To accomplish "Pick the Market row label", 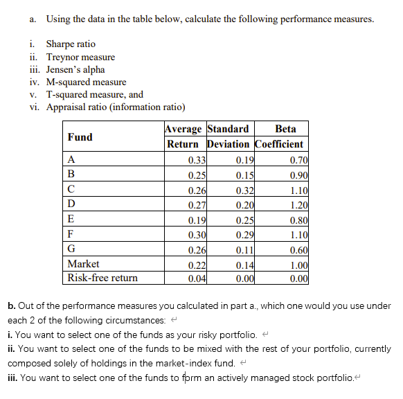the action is tap(83, 264).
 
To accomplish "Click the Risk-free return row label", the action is tap(102, 278).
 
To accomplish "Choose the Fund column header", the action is tap(80, 136).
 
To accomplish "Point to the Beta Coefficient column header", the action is tap(280, 136).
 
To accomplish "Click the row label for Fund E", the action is tap(71, 219).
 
